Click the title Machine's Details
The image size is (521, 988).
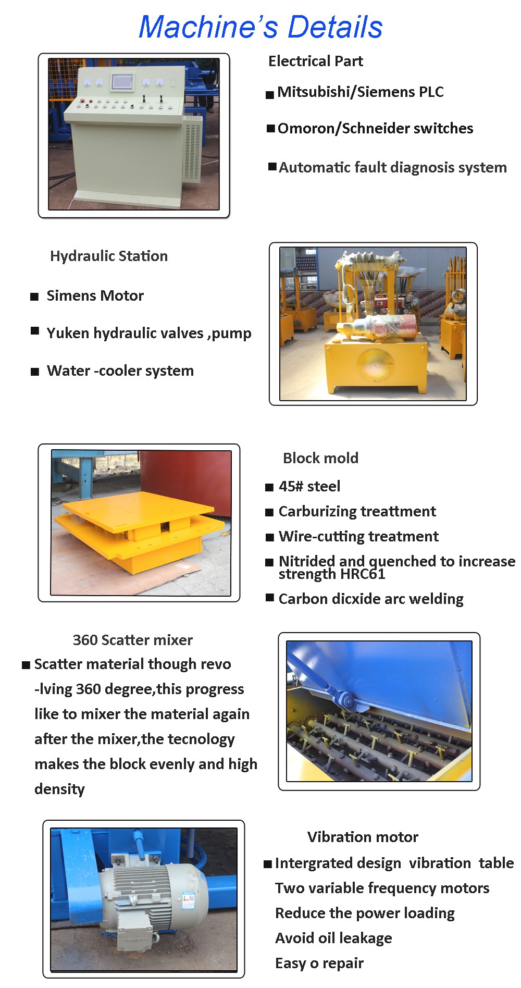[260, 27]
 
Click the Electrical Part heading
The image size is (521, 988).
[316, 61]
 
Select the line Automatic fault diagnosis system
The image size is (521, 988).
[393, 167]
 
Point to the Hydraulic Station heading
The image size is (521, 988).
[109, 256]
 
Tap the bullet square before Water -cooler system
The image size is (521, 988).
[35, 372]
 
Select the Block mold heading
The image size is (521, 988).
[321, 458]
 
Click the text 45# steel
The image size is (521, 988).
[309, 486]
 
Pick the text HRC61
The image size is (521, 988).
[362, 574]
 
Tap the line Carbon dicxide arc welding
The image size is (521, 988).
[371, 599]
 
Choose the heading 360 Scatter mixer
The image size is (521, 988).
[133, 640]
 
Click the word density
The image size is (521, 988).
[60, 789]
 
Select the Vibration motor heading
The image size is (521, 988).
[363, 837]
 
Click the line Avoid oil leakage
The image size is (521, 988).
[333, 938]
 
